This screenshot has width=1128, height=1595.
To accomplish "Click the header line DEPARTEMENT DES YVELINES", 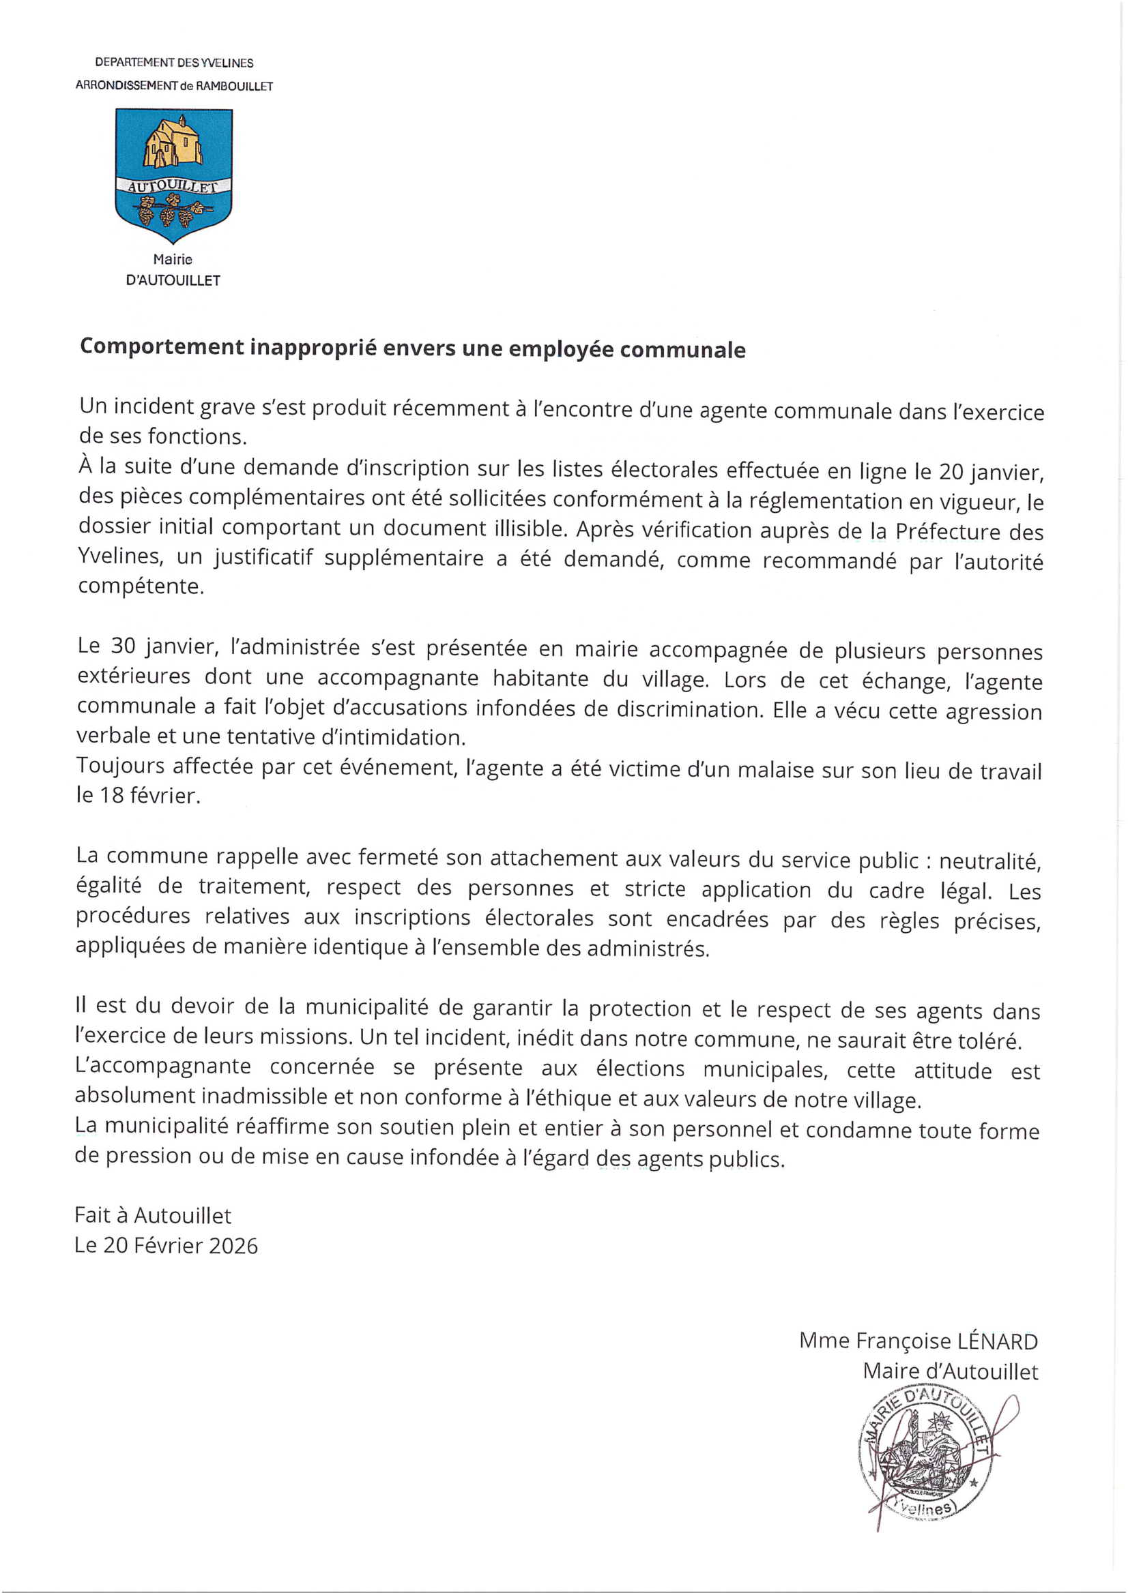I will pyautogui.click(x=174, y=63).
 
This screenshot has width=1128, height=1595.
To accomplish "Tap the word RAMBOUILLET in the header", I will pyautogui.click(x=234, y=86).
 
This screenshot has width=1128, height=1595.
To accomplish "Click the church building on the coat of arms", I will pyautogui.click(x=173, y=143).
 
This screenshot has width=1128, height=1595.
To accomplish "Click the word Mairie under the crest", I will pyautogui.click(x=173, y=259).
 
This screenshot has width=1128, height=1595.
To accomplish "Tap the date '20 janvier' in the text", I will pyautogui.click(x=990, y=473).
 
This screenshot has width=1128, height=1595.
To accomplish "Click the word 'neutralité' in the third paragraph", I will pyautogui.click(x=989, y=861).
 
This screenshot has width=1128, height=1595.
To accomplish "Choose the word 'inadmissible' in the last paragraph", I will pyautogui.click(x=264, y=1097).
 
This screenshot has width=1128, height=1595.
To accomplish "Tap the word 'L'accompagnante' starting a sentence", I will pyautogui.click(x=162, y=1067).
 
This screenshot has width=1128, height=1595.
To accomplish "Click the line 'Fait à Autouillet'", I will pyautogui.click(x=153, y=1215).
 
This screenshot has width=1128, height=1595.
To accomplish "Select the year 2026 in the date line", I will pyautogui.click(x=233, y=1246).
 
